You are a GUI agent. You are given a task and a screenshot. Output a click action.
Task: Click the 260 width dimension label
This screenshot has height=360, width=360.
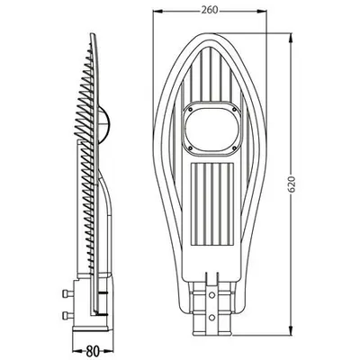tap(209, 10)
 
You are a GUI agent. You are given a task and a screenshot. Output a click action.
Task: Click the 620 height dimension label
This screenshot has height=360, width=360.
tap(292, 184)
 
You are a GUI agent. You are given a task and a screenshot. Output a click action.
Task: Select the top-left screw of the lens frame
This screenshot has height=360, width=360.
tap(190, 109)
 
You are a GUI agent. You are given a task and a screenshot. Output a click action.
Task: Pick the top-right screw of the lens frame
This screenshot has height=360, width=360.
tap(234, 109)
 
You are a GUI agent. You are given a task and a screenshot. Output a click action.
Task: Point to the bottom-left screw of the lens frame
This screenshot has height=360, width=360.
tap(190, 148)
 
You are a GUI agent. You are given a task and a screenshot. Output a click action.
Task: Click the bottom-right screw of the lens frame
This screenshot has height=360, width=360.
tap(234, 148)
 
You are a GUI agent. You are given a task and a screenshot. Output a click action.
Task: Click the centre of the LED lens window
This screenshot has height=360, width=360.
tap(212, 129)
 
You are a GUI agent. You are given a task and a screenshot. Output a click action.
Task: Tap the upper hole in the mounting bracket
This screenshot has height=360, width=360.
tap(211, 295)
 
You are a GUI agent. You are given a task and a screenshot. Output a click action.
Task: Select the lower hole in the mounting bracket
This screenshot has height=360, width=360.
tap(211, 317)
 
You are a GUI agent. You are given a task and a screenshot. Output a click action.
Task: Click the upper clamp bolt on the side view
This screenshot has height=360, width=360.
tap(67, 293)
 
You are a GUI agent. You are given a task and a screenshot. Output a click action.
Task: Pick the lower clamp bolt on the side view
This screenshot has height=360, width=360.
tap(67, 315)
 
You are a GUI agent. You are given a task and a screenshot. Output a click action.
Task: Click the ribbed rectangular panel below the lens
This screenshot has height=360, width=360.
tap(212, 204)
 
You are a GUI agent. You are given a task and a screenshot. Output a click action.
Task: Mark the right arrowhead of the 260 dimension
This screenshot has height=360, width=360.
tap(262, 11)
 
